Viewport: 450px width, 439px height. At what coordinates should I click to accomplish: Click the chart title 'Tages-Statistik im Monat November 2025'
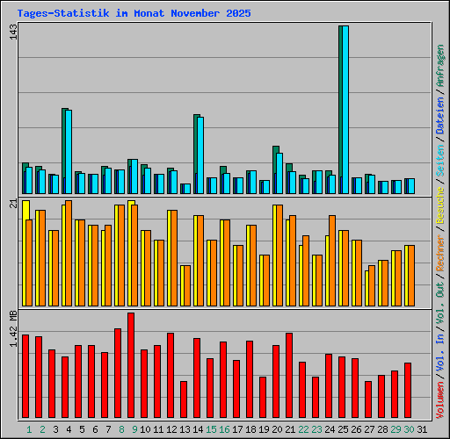[x=134, y=14]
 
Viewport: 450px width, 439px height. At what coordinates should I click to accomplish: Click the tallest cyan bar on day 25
[x=345, y=110]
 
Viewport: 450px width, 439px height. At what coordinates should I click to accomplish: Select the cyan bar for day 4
[x=68, y=151]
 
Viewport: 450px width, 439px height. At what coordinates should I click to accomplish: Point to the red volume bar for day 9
[x=131, y=366]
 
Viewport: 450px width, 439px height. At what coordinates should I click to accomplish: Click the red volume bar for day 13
[x=184, y=400]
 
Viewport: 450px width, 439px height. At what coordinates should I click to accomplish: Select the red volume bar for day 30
[x=408, y=391]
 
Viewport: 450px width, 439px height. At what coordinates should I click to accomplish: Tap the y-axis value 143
[x=12, y=32]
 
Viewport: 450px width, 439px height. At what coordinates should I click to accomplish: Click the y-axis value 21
[x=12, y=204]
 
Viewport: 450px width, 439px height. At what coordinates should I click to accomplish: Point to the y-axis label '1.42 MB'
[x=12, y=329]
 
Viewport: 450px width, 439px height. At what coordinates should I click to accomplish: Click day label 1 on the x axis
[x=29, y=429]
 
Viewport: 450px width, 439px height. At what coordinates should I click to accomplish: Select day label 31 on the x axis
[x=422, y=429]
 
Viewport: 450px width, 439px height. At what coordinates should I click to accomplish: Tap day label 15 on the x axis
[x=211, y=429]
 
